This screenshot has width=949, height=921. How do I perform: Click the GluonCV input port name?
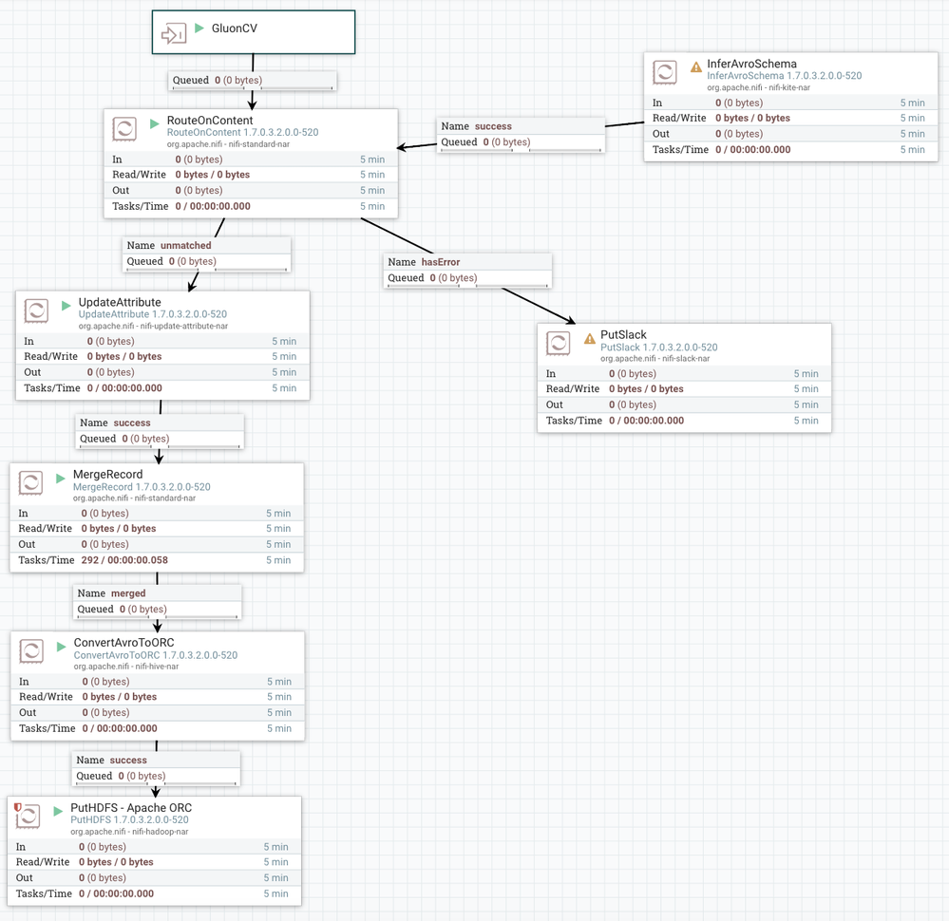234,28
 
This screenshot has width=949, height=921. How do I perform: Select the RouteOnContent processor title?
210,121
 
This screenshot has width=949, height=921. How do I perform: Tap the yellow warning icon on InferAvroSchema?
696,67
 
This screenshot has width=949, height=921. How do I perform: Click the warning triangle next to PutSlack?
590,338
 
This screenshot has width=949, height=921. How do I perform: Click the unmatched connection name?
186,245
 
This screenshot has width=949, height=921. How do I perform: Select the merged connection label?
128,593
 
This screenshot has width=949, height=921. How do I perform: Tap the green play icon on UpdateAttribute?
66,306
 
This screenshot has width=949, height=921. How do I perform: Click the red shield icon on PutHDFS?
18,808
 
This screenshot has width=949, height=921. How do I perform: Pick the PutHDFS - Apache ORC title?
131,808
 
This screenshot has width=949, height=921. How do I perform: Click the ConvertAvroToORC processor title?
123,643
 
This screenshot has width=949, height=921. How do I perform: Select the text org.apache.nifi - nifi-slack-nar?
655,359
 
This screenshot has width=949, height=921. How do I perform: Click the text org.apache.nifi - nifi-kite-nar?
758,87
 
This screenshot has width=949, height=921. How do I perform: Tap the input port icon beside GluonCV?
173,34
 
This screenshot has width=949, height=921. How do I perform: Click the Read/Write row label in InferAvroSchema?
679,118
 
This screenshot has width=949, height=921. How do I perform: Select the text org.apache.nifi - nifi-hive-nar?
127,667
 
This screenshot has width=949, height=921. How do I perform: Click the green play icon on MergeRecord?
61,478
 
